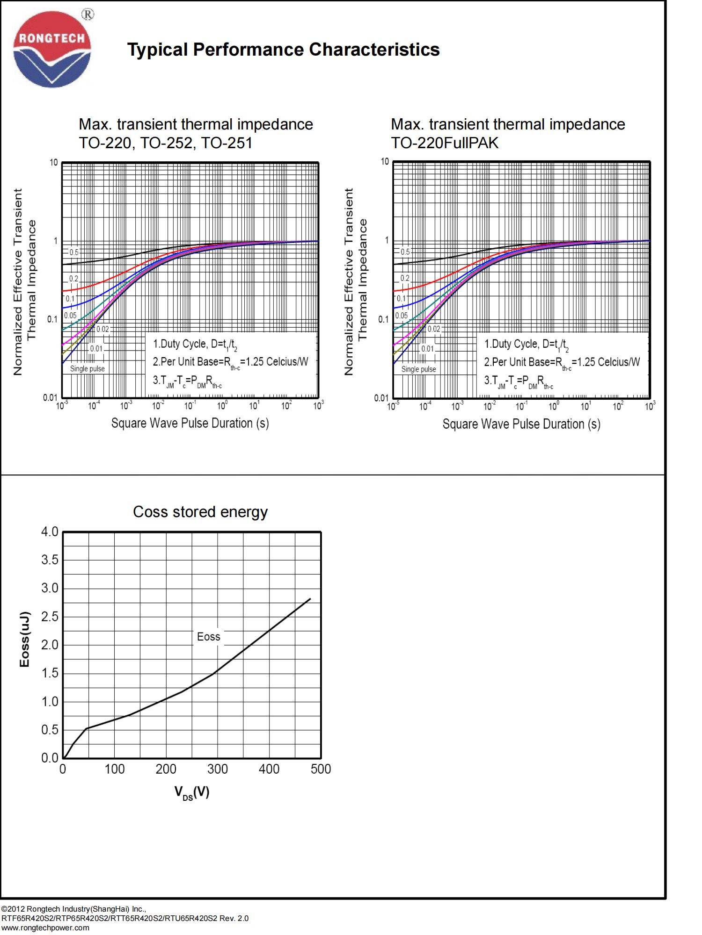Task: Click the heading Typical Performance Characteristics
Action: [x=283, y=50]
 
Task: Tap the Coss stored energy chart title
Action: [x=200, y=512]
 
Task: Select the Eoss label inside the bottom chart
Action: [x=208, y=637]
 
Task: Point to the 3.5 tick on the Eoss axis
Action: [x=50, y=560]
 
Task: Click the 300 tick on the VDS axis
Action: [x=217, y=769]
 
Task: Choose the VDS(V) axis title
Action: [x=192, y=792]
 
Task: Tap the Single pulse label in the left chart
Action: [x=88, y=369]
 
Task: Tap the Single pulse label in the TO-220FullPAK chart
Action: [x=418, y=369]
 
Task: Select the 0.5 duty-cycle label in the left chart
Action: [x=74, y=252]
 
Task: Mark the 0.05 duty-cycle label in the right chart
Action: [x=401, y=316]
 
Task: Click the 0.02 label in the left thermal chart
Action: [x=102, y=329]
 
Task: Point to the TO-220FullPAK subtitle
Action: [x=445, y=143]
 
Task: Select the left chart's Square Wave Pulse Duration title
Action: [x=190, y=423]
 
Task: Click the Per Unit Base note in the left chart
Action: [x=231, y=362]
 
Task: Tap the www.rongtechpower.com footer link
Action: [x=45, y=928]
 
